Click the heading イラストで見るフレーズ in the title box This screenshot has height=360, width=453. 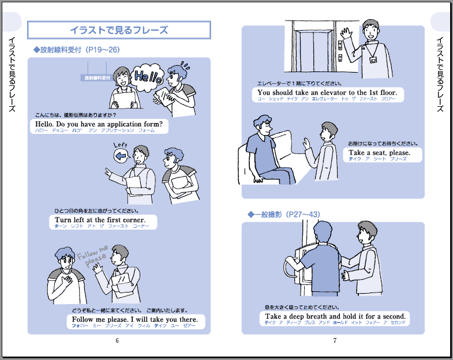click(x=119, y=29)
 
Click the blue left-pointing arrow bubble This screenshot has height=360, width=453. click(x=121, y=155)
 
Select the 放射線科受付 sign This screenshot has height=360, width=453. click(x=97, y=77)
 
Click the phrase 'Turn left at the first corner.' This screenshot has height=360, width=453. click(x=100, y=220)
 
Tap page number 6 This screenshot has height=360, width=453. click(x=117, y=340)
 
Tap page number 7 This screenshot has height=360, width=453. click(x=335, y=340)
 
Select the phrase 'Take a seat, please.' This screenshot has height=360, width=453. click(x=379, y=153)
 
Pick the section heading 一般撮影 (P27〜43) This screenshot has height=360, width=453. click(x=284, y=215)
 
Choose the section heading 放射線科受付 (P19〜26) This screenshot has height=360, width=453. click(x=77, y=50)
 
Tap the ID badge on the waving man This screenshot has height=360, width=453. click(x=373, y=58)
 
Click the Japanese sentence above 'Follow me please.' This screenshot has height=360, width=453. click(x=136, y=310)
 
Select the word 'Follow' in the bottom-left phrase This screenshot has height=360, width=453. click(x=83, y=320)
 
